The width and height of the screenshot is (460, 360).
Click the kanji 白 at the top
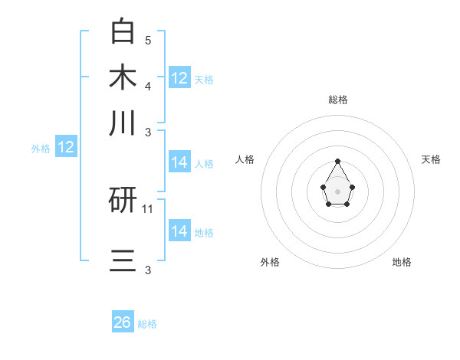(123, 31)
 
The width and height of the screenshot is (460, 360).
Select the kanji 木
(123, 77)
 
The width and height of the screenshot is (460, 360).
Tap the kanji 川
(123, 123)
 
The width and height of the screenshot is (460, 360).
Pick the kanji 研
(123, 201)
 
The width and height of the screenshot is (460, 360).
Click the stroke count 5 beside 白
(148, 40)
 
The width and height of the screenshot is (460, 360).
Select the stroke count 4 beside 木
(148, 85)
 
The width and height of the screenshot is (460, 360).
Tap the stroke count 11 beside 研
(148, 208)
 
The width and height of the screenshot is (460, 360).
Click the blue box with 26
(123, 322)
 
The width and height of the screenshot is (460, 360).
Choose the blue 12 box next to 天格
(179, 77)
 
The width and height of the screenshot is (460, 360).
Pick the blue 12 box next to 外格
(66, 147)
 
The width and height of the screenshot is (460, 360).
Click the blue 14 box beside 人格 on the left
(179, 162)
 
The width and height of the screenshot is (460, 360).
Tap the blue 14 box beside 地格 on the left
(179, 231)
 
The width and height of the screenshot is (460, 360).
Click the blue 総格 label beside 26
(147, 324)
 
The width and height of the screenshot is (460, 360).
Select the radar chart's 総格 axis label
(338, 100)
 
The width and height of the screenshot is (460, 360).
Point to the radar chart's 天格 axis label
(431, 159)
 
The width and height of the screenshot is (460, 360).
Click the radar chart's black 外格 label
(270, 262)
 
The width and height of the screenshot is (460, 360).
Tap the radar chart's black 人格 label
(245, 159)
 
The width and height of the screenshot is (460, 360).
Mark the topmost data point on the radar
(338, 161)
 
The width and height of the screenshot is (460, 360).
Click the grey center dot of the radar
(338, 191)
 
